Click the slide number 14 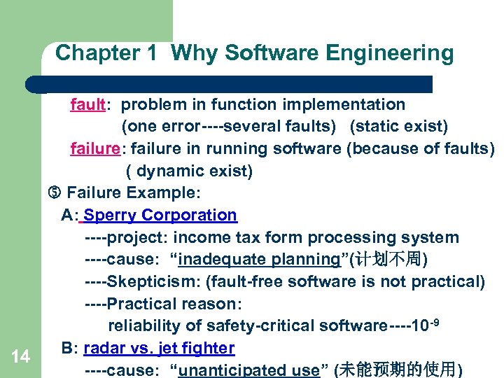tap(21, 357)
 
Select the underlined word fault tap(87, 105)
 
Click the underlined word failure tap(95, 149)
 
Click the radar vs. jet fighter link tap(159, 348)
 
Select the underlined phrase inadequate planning tap(259, 260)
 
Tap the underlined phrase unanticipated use tap(248, 370)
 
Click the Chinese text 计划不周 tap(392, 260)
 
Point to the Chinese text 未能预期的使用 tap(398, 370)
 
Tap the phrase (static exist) tap(399, 127)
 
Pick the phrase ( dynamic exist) tap(189, 171)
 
